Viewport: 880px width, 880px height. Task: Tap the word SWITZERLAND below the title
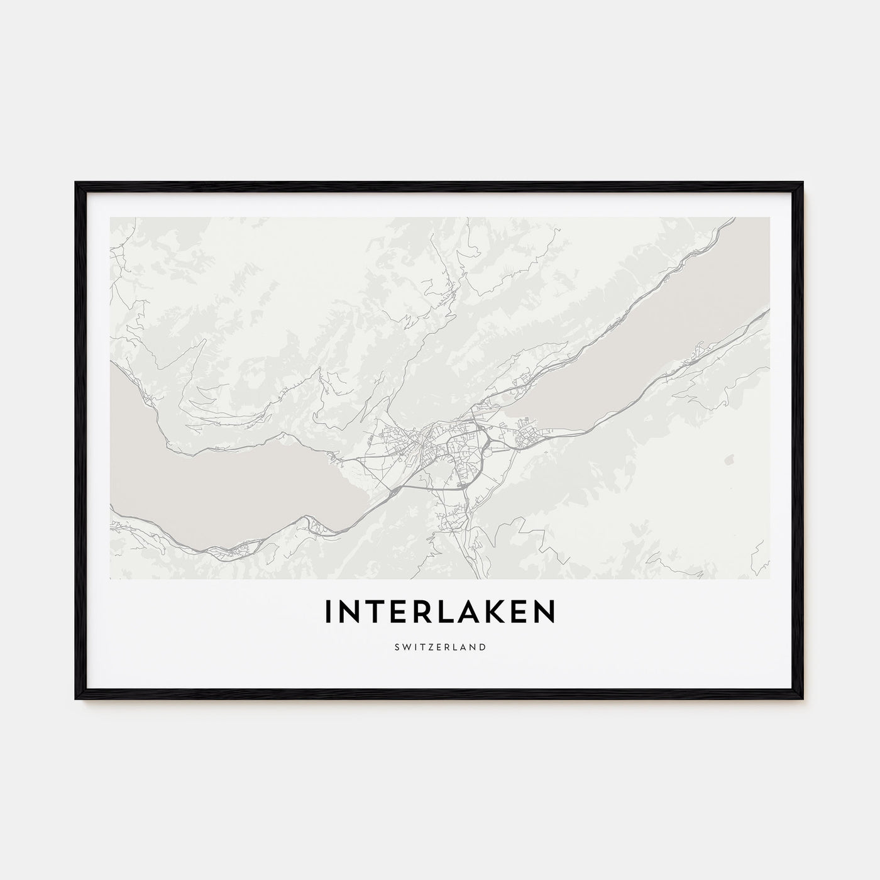[x=440, y=646]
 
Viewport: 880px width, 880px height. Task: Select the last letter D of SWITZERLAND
[x=483, y=646]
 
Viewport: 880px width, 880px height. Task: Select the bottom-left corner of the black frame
[x=77, y=699]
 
